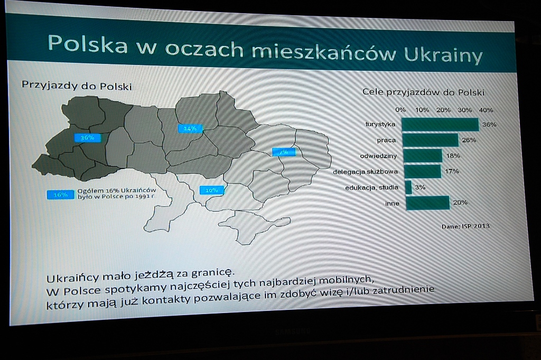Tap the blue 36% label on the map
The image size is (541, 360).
point(87,138)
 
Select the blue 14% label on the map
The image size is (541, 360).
point(190,129)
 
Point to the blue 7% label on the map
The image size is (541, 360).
point(284,151)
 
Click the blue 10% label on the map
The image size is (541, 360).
point(211,190)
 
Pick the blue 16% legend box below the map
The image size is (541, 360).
point(60,195)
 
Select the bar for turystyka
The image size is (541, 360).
point(440,125)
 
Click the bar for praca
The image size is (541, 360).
point(431,140)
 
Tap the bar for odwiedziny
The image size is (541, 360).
point(423,156)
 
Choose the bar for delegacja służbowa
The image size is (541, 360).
point(422,172)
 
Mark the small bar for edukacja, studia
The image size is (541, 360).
point(408,187)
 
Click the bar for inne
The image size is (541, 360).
point(427,203)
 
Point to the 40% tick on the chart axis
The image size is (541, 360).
point(486,110)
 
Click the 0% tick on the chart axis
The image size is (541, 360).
point(400,109)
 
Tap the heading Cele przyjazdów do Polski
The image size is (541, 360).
point(423,92)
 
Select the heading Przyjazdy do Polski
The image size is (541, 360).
point(77,86)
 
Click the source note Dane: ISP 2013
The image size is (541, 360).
point(465,226)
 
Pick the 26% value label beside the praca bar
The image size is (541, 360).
point(469,140)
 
